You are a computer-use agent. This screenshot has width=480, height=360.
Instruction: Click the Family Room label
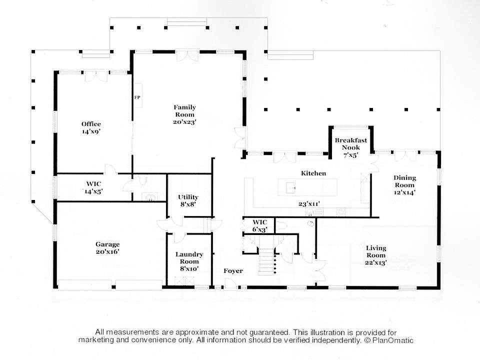[184, 114]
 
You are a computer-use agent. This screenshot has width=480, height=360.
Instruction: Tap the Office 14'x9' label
[91, 127]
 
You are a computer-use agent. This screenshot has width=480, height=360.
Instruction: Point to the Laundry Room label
[189, 261]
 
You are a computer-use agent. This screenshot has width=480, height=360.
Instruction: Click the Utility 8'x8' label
[188, 200]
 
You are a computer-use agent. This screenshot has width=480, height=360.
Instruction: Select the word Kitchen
[313, 173]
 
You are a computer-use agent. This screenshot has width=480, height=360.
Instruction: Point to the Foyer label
[233, 271]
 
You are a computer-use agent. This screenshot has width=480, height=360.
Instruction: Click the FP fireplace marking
[137, 97]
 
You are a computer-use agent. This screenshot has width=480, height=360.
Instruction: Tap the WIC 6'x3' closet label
[259, 226]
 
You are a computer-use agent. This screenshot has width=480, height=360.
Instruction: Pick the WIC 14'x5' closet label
[93, 187]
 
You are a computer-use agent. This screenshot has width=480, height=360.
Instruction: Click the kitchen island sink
[291, 187]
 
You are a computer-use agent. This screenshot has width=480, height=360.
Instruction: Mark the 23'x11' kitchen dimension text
[309, 204]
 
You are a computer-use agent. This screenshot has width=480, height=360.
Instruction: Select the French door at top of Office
[96, 76]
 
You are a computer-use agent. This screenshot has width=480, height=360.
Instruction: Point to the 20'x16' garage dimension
[107, 251]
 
